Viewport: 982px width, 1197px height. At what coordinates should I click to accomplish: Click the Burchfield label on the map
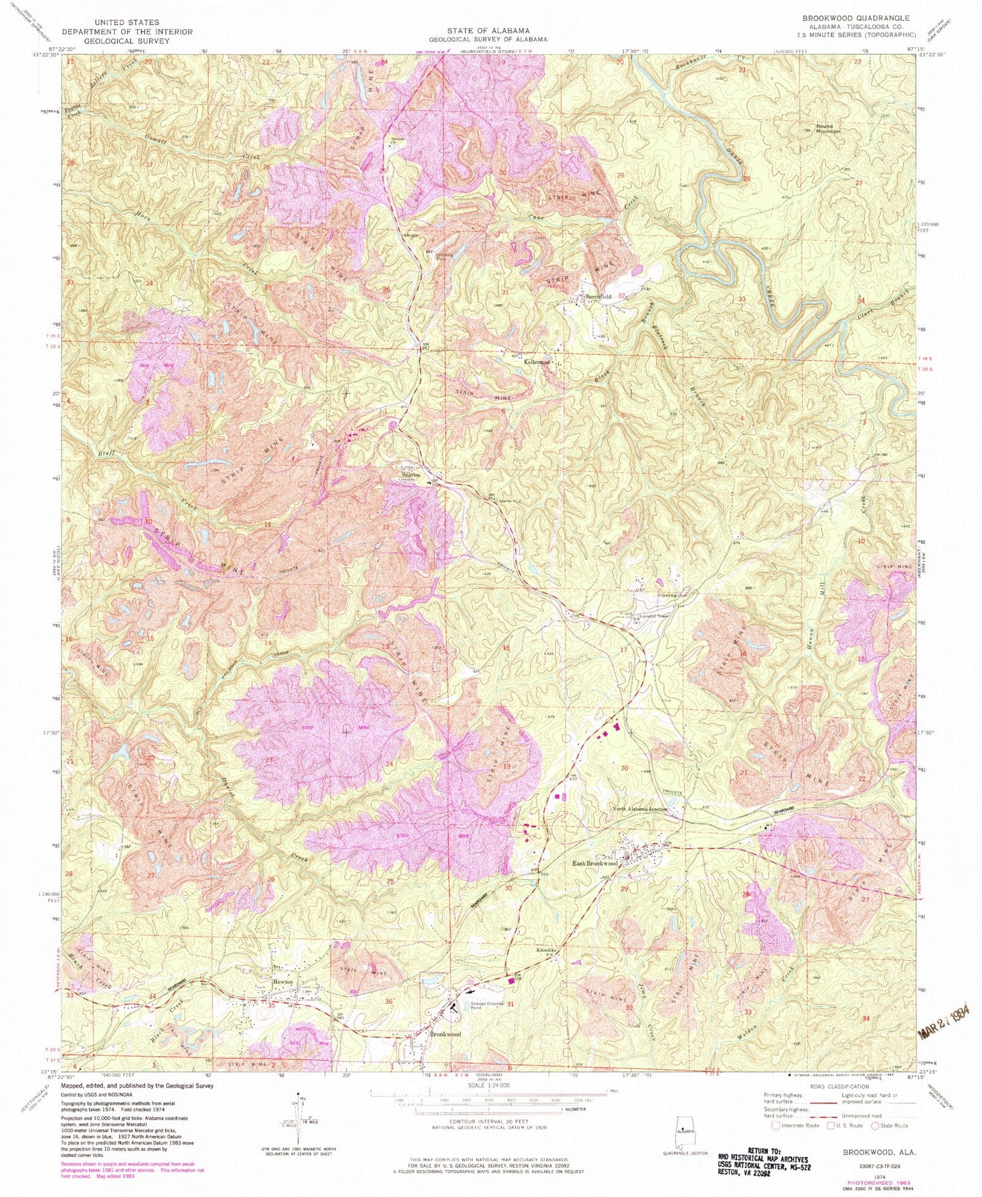pos(598,296)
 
